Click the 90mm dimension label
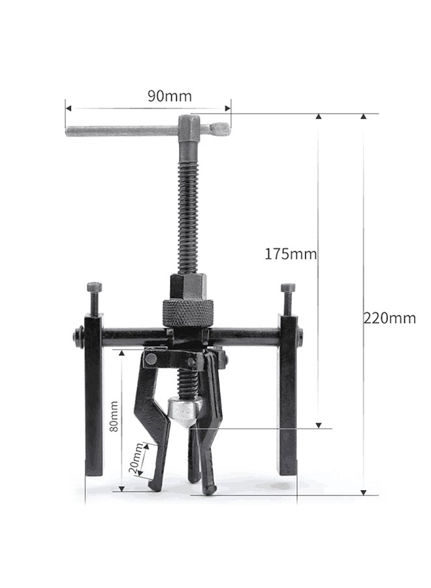pyautogui.click(x=169, y=97)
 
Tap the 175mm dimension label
pyautogui.click(x=291, y=253)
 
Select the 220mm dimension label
pyautogui.click(x=389, y=318)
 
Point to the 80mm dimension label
pyautogui.click(x=114, y=416)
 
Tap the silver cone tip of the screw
pyautogui.click(x=185, y=412)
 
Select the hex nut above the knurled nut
pyautogui.click(x=188, y=286)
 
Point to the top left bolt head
pyautogui.click(x=94, y=287)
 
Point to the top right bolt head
pyautogui.click(x=287, y=287)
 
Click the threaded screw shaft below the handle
pyautogui.click(x=188, y=209)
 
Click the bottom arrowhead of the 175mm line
pyautogui.click(x=319, y=425)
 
